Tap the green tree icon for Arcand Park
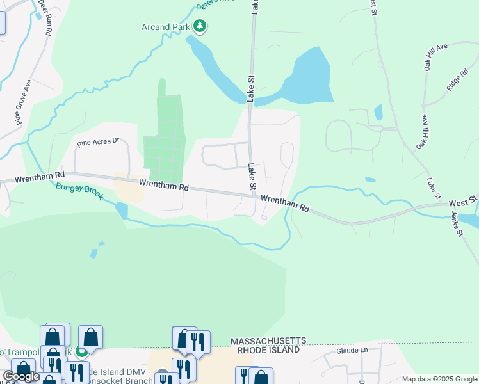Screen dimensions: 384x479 pos(201,26)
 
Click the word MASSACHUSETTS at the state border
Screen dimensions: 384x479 pos(269,342)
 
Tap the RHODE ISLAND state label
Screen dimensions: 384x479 pos(268,351)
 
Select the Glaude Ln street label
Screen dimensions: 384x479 pos(352,351)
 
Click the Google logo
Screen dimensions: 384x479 pos(21,376)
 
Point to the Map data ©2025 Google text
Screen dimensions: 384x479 pos(439,379)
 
